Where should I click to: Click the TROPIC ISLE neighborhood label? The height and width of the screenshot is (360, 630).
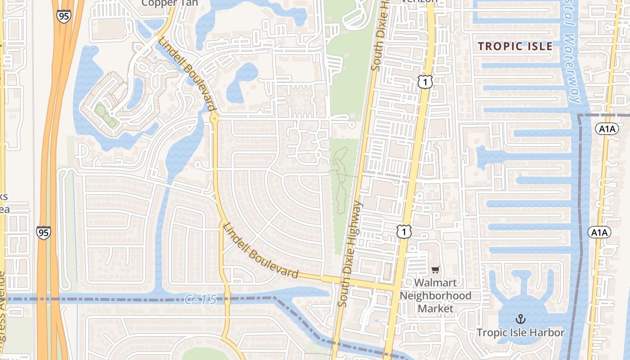[515, 46]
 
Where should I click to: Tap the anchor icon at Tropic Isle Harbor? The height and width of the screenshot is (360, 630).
[520, 319]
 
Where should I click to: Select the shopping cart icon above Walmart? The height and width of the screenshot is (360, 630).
[435, 270]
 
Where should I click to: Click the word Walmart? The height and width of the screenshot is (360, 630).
[435, 283]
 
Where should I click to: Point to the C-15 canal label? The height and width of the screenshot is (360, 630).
[201, 299]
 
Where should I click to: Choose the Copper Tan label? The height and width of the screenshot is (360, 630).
[170, 3]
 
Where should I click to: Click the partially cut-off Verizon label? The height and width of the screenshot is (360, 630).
[419, 1]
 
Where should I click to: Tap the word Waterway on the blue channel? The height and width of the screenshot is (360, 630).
[572, 67]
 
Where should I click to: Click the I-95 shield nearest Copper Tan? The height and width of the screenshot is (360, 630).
[64, 16]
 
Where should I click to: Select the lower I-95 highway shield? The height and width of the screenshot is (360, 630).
[44, 233]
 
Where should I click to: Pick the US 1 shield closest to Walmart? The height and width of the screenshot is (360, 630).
[404, 232]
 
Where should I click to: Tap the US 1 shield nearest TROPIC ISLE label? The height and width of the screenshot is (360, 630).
[425, 82]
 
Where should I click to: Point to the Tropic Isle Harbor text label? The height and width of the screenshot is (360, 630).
[520, 333]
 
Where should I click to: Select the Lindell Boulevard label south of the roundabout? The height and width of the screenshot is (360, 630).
[260, 251]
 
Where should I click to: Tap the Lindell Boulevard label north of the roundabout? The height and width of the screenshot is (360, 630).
[185, 73]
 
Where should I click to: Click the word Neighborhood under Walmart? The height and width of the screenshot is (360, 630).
[435, 296]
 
